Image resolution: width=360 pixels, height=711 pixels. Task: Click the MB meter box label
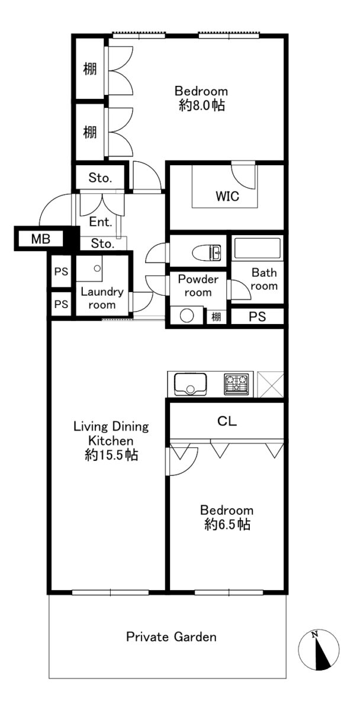[41, 239]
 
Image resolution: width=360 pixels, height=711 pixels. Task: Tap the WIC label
[227, 196]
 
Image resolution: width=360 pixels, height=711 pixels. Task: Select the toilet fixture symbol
[207, 252]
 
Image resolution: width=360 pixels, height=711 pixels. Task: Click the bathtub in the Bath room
[257, 248]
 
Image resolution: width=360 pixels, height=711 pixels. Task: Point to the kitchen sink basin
[191, 384]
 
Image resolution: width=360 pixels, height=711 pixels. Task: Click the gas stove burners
[237, 384]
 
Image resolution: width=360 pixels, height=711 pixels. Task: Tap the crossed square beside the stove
[270, 384]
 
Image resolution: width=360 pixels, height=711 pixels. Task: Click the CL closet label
[227, 421]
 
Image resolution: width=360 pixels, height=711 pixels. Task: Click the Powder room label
[198, 286]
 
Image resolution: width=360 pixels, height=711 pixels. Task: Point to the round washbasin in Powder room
[187, 316]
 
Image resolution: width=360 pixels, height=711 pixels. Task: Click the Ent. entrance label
[101, 222]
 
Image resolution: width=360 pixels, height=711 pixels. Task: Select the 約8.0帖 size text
[202, 105]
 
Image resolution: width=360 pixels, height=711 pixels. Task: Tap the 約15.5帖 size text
[111, 456]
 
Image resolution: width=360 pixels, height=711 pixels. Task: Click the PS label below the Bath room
[257, 316]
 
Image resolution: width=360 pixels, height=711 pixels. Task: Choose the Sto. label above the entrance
[100, 178]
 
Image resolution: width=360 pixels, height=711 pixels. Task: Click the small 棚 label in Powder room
[216, 316]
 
